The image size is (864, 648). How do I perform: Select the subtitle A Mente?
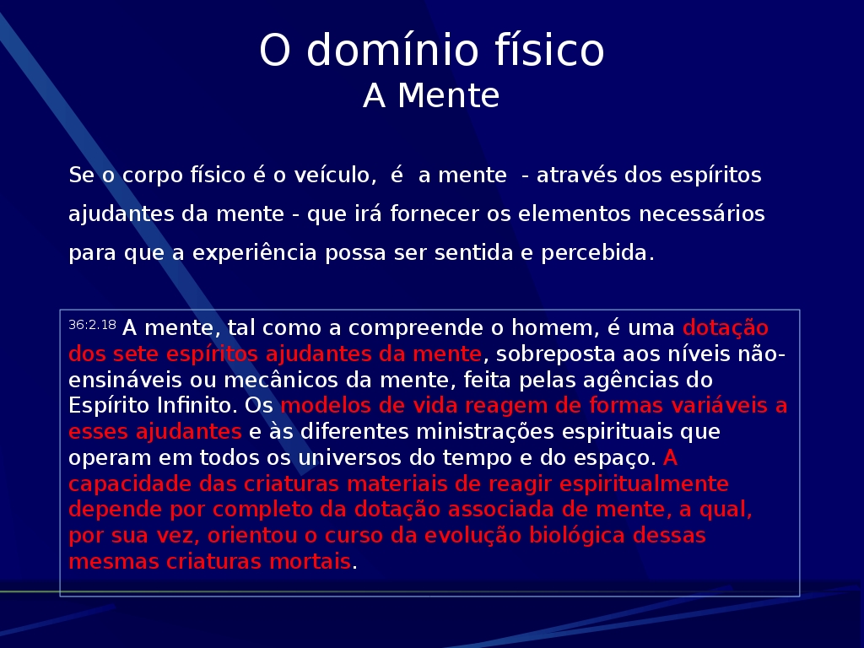tap(431, 96)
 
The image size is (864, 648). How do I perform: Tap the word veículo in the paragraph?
tap(335, 175)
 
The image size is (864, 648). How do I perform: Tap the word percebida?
tap(598, 252)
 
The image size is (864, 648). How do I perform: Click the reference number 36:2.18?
tap(92, 325)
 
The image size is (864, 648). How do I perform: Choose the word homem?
tap(555, 327)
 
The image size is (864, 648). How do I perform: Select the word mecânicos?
tap(280, 380)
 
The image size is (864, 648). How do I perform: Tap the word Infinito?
tap(197, 405)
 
